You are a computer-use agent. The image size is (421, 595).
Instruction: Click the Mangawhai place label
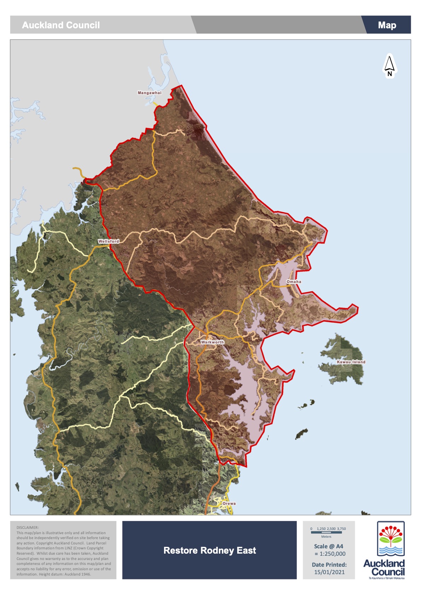[150, 93]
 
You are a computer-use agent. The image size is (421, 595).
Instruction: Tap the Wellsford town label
[109, 241]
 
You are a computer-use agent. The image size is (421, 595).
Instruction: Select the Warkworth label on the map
[212, 342]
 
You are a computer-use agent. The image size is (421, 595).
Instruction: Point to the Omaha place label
[294, 282]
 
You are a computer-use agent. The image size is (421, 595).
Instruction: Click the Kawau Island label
[351, 362]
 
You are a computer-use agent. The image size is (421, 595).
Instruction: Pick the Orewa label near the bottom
[229, 503]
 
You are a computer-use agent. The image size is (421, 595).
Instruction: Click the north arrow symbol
[389, 65]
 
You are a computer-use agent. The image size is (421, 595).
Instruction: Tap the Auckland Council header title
[61, 25]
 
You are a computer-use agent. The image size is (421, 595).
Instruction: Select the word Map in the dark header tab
[387, 25]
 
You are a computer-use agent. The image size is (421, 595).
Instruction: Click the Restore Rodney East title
[210, 550]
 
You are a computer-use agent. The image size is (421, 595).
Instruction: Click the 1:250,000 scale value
[332, 554]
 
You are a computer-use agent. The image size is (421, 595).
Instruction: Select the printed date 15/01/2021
[329, 572]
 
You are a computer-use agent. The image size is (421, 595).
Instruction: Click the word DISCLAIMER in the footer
[28, 527]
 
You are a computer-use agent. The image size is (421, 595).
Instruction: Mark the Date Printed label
[329, 565]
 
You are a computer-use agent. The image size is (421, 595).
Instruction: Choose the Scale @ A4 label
[328, 546]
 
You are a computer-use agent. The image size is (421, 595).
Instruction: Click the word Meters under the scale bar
[326, 537]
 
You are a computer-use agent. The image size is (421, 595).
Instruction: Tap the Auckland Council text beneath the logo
[384, 567]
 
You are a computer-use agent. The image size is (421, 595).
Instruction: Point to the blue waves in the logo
[390, 550]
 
